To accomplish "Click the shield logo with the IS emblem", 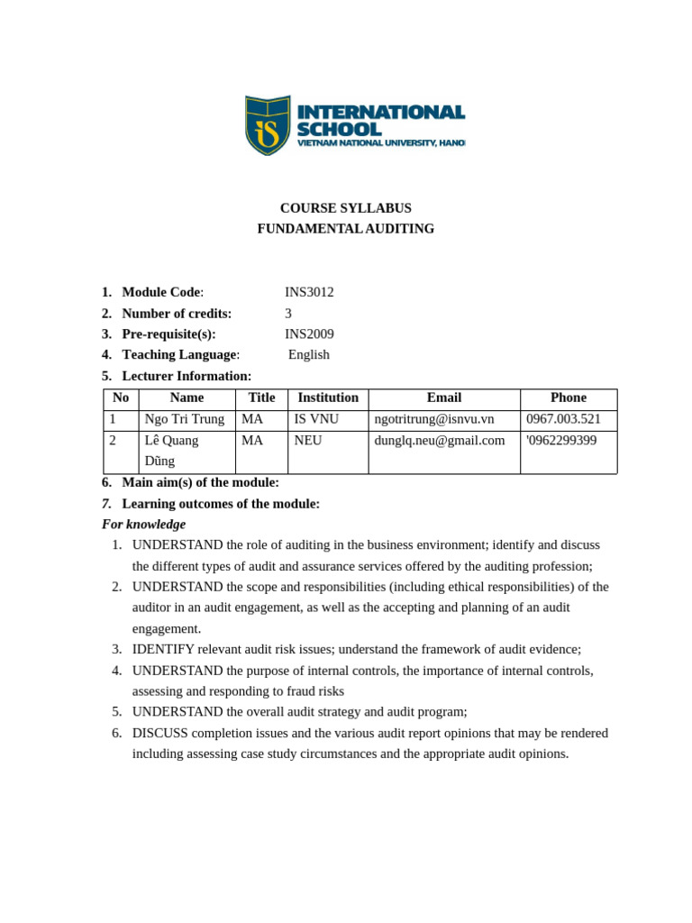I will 268,125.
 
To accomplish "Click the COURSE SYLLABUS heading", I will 345,208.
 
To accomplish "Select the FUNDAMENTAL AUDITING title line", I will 345,229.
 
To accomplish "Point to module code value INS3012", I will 309,292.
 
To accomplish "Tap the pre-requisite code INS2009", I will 309,334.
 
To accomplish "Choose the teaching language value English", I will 309,354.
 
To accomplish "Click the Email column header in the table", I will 443,398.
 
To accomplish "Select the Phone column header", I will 568,398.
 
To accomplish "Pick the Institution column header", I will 328,398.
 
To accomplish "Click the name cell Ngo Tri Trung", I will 185,419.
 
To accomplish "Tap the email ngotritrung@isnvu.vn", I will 434,419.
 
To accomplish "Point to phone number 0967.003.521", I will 563,419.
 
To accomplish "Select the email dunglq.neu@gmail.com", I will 440,441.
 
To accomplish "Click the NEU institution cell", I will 308,441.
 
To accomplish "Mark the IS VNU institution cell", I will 316,419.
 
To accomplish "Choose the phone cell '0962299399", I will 560,441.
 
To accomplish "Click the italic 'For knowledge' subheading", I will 143,525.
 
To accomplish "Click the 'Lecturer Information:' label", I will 187,376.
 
